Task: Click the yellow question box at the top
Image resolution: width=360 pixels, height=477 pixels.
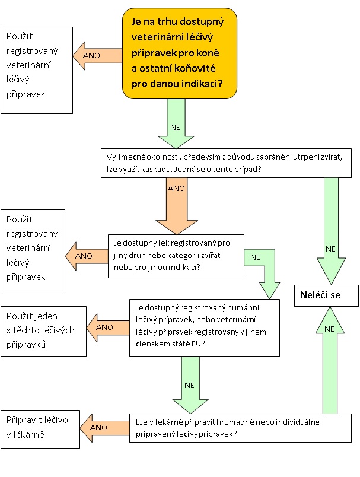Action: pyautogui.click(x=179, y=53)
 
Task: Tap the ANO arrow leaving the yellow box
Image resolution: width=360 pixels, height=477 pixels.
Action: pyautogui.click(x=97, y=56)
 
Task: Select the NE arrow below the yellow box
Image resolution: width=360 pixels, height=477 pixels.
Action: pyautogui.click(x=176, y=123)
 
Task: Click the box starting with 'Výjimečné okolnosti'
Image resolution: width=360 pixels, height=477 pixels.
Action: pyautogui.click(x=226, y=163)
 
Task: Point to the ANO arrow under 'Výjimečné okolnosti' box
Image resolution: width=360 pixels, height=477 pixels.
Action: pyautogui.click(x=176, y=206)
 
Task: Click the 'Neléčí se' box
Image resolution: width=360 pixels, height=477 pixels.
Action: pyautogui.click(x=326, y=295)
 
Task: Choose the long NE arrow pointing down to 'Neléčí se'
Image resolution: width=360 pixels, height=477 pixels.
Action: pyautogui.click(x=331, y=231)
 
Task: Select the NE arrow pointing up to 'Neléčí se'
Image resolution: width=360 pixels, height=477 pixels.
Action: pyautogui.click(x=330, y=360)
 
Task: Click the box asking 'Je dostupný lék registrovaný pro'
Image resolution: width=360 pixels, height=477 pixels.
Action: pyautogui.click(x=176, y=256)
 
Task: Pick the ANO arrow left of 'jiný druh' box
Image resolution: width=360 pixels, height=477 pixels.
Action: pyautogui.click(x=87, y=256)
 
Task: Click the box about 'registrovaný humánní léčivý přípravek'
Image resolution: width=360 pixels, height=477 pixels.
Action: pyautogui.click(x=205, y=327)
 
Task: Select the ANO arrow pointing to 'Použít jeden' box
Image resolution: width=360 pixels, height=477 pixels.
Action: pyautogui.click(x=108, y=328)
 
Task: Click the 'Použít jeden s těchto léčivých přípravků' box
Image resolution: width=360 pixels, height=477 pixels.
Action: pyautogui.click(x=43, y=331)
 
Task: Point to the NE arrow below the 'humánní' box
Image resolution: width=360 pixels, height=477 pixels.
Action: pyautogui.click(x=190, y=385)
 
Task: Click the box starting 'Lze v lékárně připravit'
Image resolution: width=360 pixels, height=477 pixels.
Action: pyautogui.click(x=240, y=428)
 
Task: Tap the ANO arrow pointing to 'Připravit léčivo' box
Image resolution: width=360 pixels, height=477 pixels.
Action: pyautogui.click(x=104, y=428)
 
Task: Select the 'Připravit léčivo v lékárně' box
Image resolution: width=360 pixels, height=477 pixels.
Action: pyautogui.click(x=40, y=429)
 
